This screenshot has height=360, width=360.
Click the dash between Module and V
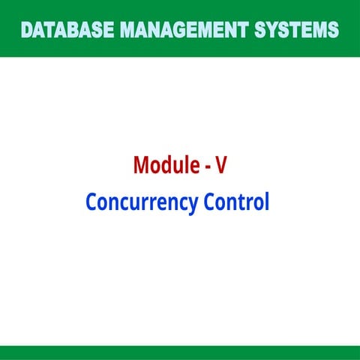click(x=208, y=166)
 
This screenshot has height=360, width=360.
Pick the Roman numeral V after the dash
click(x=221, y=165)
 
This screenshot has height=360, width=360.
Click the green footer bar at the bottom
click(x=180, y=352)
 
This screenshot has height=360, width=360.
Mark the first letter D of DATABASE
click(x=28, y=31)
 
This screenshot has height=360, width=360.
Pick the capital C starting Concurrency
click(x=91, y=202)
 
